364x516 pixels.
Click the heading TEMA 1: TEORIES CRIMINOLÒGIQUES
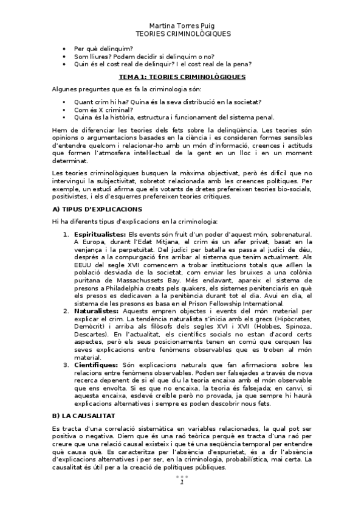(182, 77)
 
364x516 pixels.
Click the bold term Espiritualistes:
(99, 234)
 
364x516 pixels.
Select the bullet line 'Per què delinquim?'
(103, 48)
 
